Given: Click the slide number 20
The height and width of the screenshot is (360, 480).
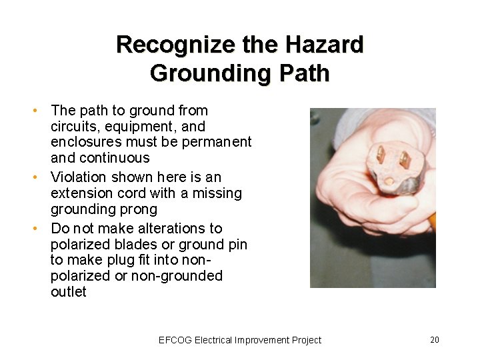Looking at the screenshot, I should pyautogui.click(x=434, y=340).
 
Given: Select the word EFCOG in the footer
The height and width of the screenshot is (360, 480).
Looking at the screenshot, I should pyautogui.click(x=175, y=340).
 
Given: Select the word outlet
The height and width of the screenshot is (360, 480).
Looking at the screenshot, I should pyautogui.click(x=69, y=292).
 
